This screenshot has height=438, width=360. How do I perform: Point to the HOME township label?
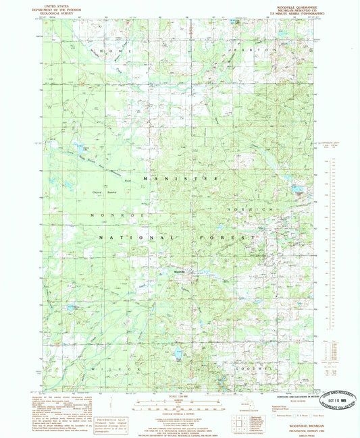click(x=111, y=51)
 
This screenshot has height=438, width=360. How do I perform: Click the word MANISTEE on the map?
click(x=178, y=177)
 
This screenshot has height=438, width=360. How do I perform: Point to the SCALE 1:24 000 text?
click(x=180, y=395)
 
